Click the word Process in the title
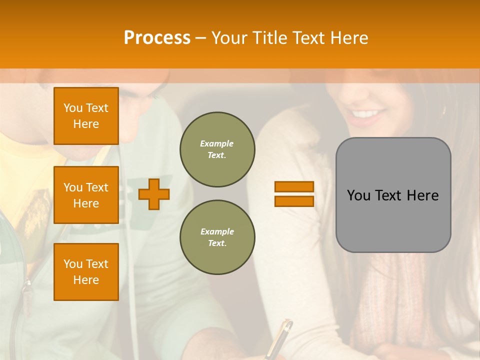[x=157, y=38]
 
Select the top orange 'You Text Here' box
[x=86, y=116]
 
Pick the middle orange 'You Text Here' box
[x=86, y=195]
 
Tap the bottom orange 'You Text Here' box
[x=86, y=271]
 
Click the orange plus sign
[x=154, y=194]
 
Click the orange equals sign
[x=294, y=194]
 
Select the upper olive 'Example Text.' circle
[x=217, y=149]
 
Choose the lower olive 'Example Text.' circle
[x=217, y=237]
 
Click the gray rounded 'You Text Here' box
[x=393, y=195]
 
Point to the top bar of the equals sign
[x=294, y=187]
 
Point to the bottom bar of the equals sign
[x=294, y=201]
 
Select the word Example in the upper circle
[x=217, y=143]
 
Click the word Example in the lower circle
[x=217, y=231]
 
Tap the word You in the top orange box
[x=73, y=108]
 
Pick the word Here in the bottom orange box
[x=86, y=280]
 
